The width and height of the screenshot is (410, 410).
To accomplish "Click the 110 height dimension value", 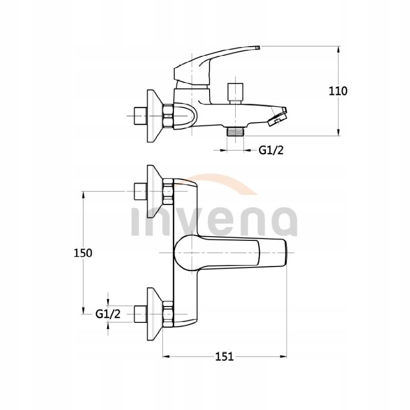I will pyautogui.click(x=338, y=91).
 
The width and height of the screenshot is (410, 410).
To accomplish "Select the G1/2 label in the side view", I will pyautogui.click(x=270, y=150).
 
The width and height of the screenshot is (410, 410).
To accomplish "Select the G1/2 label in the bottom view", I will pyautogui.click(x=108, y=314).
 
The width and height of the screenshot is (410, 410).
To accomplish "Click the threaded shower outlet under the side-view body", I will pyautogui.click(x=236, y=131).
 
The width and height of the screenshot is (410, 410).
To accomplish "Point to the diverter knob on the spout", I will pyautogui.click(x=236, y=91).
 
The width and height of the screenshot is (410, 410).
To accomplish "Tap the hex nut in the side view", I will pyautogui.click(x=168, y=116).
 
